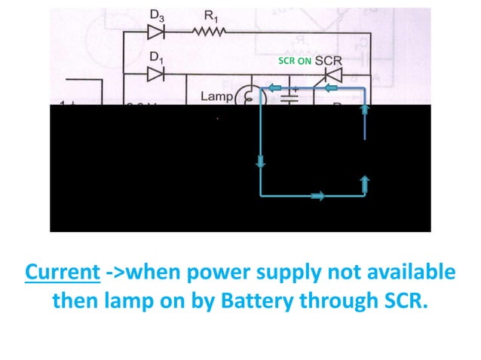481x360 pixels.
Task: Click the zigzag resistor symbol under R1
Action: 208,32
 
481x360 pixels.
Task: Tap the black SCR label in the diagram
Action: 329,60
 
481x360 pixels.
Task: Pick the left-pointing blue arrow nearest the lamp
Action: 277,89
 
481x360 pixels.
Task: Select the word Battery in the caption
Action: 269,301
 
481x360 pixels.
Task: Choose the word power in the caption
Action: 209,271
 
